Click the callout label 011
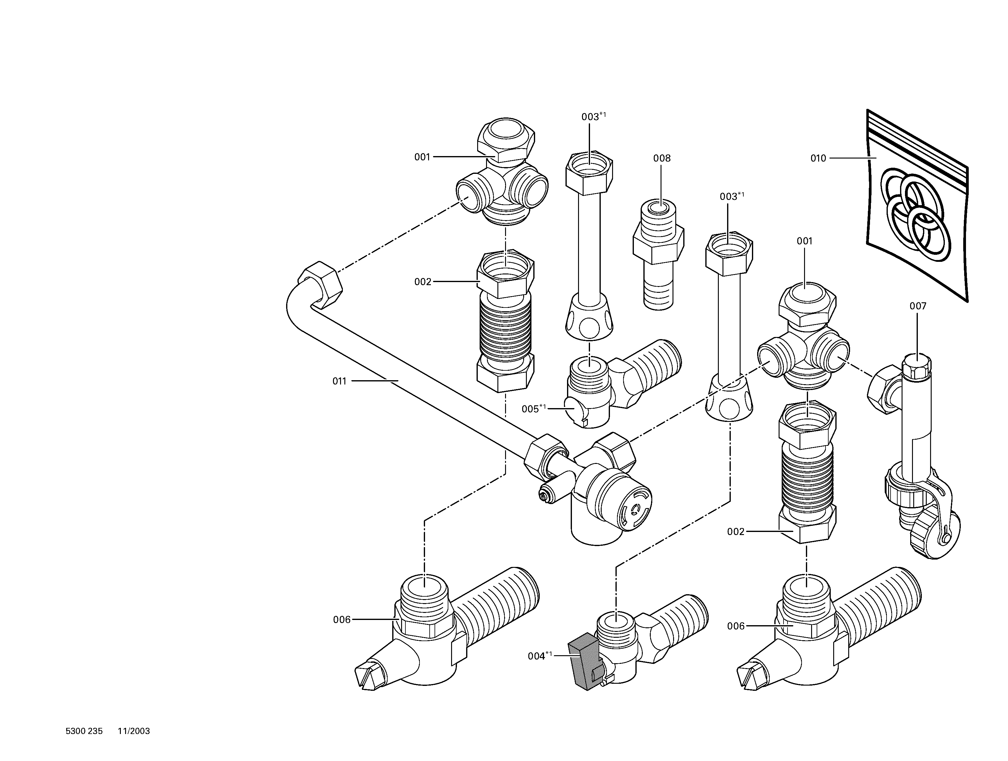[x=339, y=381]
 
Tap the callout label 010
[x=818, y=158]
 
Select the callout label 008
[x=662, y=158]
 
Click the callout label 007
[x=918, y=306]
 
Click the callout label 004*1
[x=539, y=656]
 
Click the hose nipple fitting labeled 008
[x=658, y=255]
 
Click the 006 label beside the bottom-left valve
[x=342, y=619]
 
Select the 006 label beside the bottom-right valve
[x=735, y=626]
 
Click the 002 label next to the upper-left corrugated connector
[x=423, y=281]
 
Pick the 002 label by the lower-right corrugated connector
[x=735, y=531]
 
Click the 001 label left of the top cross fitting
[x=422, y=157]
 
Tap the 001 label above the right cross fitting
[x=804, y=241]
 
